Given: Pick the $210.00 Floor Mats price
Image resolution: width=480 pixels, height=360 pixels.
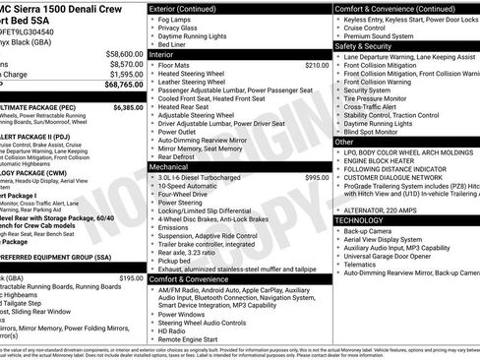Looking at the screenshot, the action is click(x=317, y=65).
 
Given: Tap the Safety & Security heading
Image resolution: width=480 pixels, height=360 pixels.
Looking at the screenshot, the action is click(x=370, y=45).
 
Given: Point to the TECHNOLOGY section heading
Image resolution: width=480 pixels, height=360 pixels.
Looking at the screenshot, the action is click(x=360, y=220).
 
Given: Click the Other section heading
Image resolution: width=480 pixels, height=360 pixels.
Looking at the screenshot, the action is click(x=345, y=141).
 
